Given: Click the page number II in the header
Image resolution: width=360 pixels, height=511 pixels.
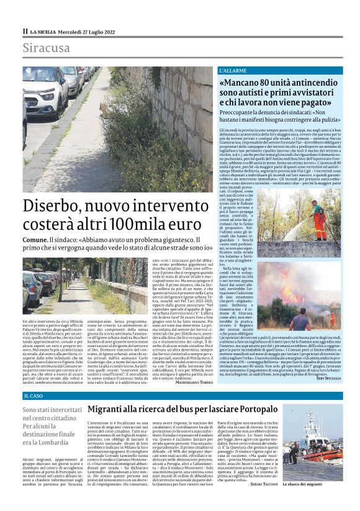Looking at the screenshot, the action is (25, 30).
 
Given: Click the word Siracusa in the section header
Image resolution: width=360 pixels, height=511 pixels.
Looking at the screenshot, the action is (47, 48).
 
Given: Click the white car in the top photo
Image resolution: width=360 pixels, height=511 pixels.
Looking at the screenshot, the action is (47, 93).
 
